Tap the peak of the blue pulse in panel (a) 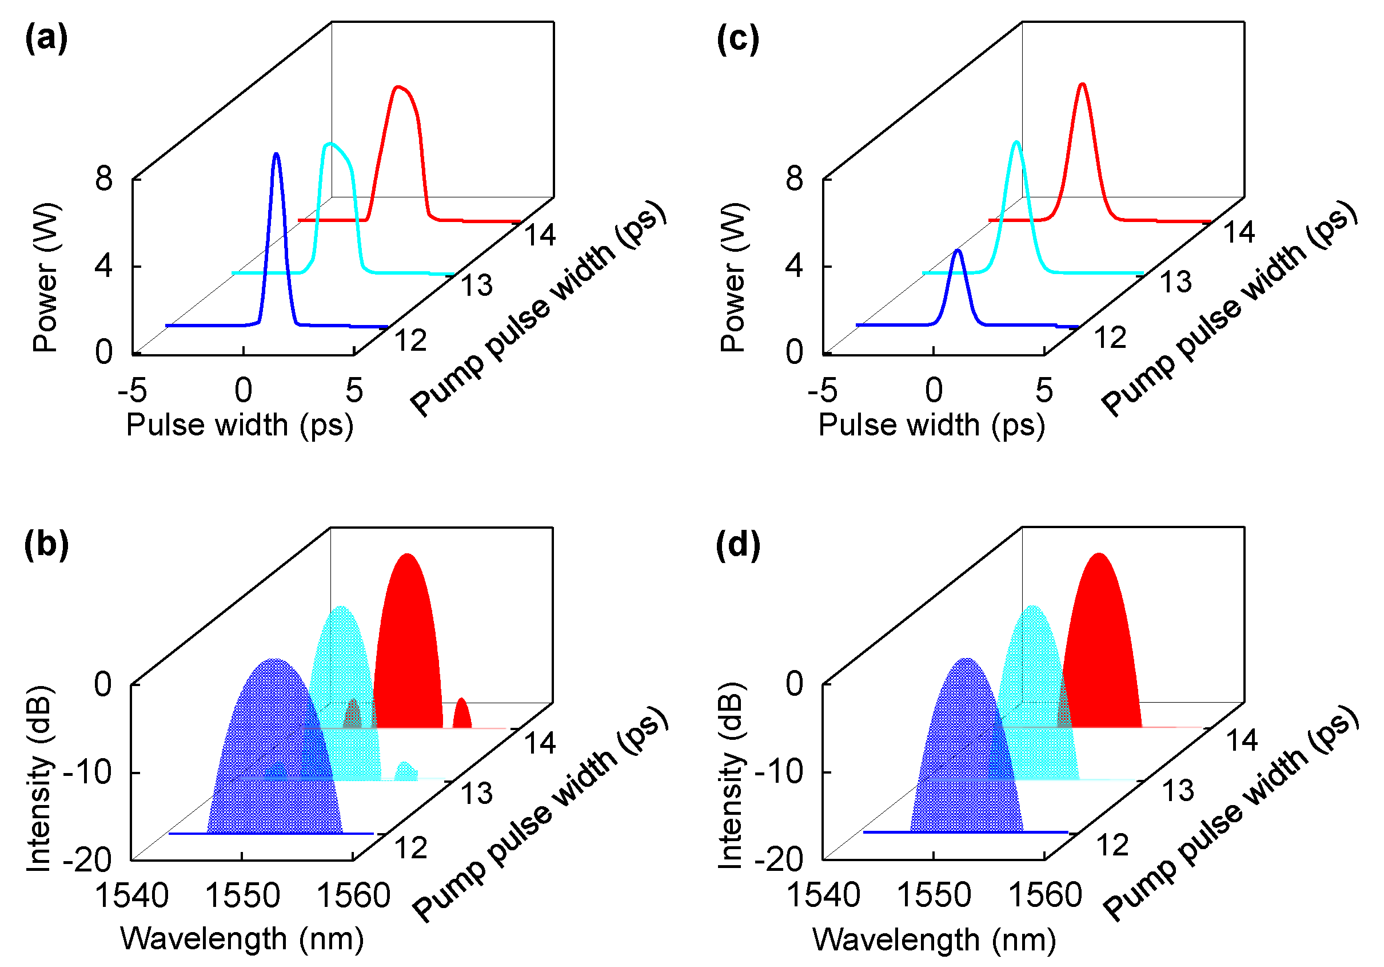point(276,154)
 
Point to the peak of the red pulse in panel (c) point(1083,85)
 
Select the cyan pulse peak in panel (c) point(1016,142)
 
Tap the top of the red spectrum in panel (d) point(1099,554)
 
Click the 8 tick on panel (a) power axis point(103,179)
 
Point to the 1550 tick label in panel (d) point(934,895)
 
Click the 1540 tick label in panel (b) point(132,895)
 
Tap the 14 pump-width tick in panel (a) point(540,235)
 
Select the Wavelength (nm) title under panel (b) point(242,938)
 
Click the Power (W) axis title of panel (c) point(733,278)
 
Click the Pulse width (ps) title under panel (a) point(240,425)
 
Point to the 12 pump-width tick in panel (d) point(1112,845)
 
